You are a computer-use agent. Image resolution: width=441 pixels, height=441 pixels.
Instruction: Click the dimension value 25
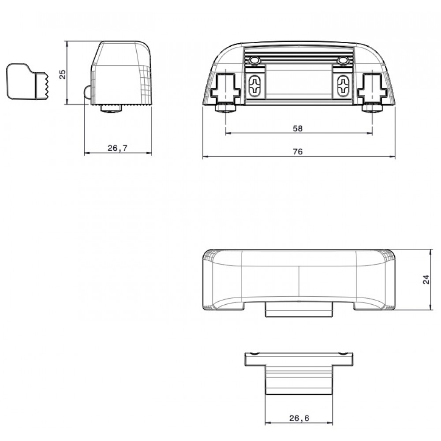pos(63,74)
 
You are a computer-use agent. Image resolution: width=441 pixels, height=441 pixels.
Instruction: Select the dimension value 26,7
pos(118,148)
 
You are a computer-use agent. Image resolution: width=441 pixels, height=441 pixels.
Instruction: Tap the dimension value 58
pos(298,128)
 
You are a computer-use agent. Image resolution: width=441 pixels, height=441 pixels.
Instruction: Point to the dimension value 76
pos(298,152)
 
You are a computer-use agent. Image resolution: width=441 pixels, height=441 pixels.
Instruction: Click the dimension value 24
pos(426,279)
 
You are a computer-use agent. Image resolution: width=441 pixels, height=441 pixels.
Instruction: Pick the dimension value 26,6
pos(299,418)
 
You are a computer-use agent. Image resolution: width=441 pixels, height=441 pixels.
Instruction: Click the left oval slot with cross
pos(255,85)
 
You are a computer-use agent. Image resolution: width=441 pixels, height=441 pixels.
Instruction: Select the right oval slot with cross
pos(343,85)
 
